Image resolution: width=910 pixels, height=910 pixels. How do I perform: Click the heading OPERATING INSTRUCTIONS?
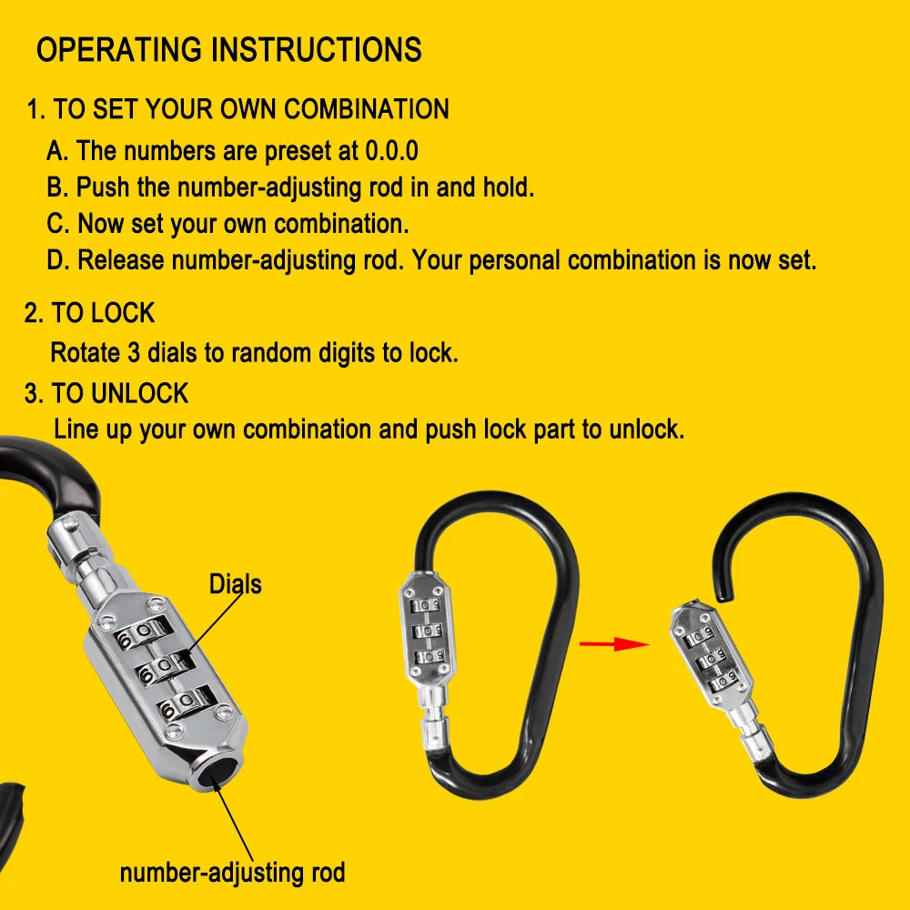228,49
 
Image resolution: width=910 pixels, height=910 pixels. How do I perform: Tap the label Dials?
235,583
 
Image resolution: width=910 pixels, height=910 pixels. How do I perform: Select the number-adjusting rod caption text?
232,873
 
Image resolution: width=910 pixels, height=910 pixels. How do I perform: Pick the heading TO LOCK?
103,313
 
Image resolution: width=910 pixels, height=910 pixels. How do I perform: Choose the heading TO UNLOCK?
119,393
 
